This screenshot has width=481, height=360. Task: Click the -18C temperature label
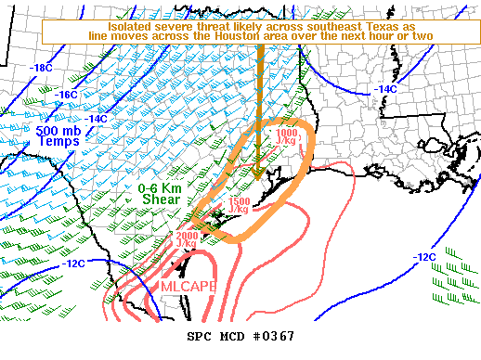pos(41,69)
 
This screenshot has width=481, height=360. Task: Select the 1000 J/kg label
pos(288,135)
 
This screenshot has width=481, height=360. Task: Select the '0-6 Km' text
pos(160,188)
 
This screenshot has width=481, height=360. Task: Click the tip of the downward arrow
pos(257,175)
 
